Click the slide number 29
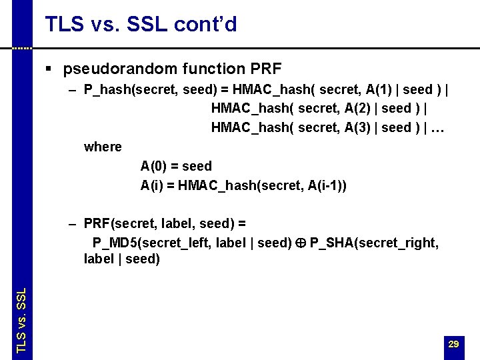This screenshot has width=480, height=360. (453, 344)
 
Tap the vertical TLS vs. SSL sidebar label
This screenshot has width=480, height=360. (21, 321)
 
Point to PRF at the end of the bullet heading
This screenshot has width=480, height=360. (266, 69)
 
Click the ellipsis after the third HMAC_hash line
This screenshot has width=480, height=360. (437, 128)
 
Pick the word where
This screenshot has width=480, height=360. (103, 147)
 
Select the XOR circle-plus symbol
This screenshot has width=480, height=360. (301, 243)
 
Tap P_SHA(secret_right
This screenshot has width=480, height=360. (374, 243)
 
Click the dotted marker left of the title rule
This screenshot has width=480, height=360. (22, 49)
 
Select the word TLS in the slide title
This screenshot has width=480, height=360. (64, 25)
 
